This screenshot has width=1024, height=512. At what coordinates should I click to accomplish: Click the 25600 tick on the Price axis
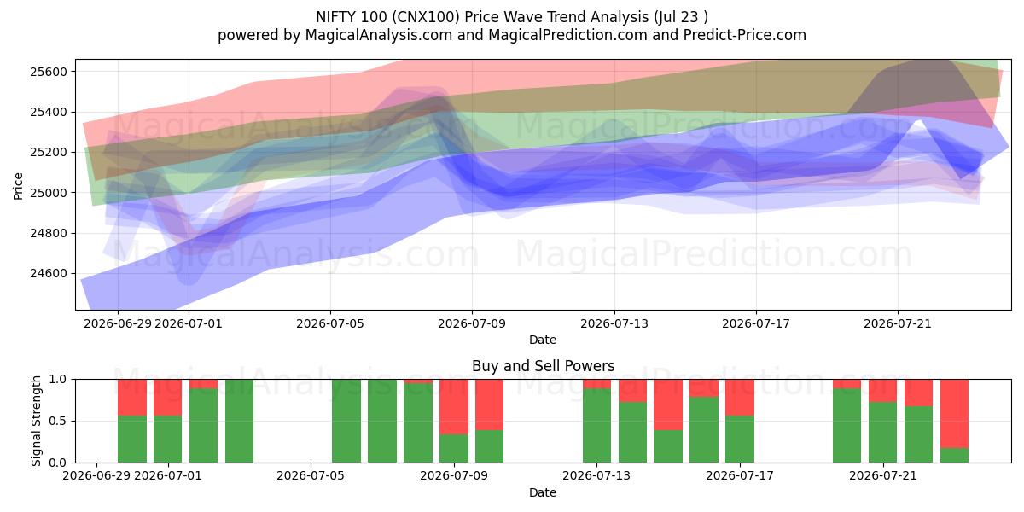pos(49,72)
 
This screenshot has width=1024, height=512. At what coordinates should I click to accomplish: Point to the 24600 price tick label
pos(49,273)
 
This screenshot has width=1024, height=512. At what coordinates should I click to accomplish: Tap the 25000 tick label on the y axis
pos(49,193)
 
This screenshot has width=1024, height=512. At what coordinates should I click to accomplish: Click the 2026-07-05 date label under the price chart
pos(330,323)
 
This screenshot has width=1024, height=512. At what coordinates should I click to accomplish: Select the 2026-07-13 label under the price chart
pos(614,323)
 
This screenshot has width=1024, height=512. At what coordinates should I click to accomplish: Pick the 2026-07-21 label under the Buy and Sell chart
pos(882,475)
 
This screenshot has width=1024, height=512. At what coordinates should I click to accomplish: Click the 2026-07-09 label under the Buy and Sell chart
pos(453,475)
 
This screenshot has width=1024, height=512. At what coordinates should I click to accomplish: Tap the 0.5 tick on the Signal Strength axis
pos(58,421)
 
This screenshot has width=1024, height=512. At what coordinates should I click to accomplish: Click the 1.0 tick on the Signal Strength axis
pos(58,379)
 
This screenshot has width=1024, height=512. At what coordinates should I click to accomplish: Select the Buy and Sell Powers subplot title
pos(543,366)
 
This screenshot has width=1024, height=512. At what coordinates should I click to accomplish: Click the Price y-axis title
pos(18,186)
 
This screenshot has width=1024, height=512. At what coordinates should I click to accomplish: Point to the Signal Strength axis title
pos(36,421)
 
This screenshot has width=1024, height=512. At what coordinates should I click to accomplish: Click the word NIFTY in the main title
pos(335,17)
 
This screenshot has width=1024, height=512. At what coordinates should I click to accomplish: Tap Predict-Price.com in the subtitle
pos(745,35)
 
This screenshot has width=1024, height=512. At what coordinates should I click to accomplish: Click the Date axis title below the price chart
pos(543,340)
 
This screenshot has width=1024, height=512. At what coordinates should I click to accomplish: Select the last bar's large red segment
pos(955,414)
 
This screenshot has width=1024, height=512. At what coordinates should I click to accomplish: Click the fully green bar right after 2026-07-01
pos(239,421)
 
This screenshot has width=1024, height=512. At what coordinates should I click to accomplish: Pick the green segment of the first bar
pos(132,439)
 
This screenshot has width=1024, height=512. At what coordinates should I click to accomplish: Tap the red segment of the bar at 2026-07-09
pos(454,407)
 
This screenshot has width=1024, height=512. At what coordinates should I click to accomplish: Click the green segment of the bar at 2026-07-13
pos(596,425)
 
